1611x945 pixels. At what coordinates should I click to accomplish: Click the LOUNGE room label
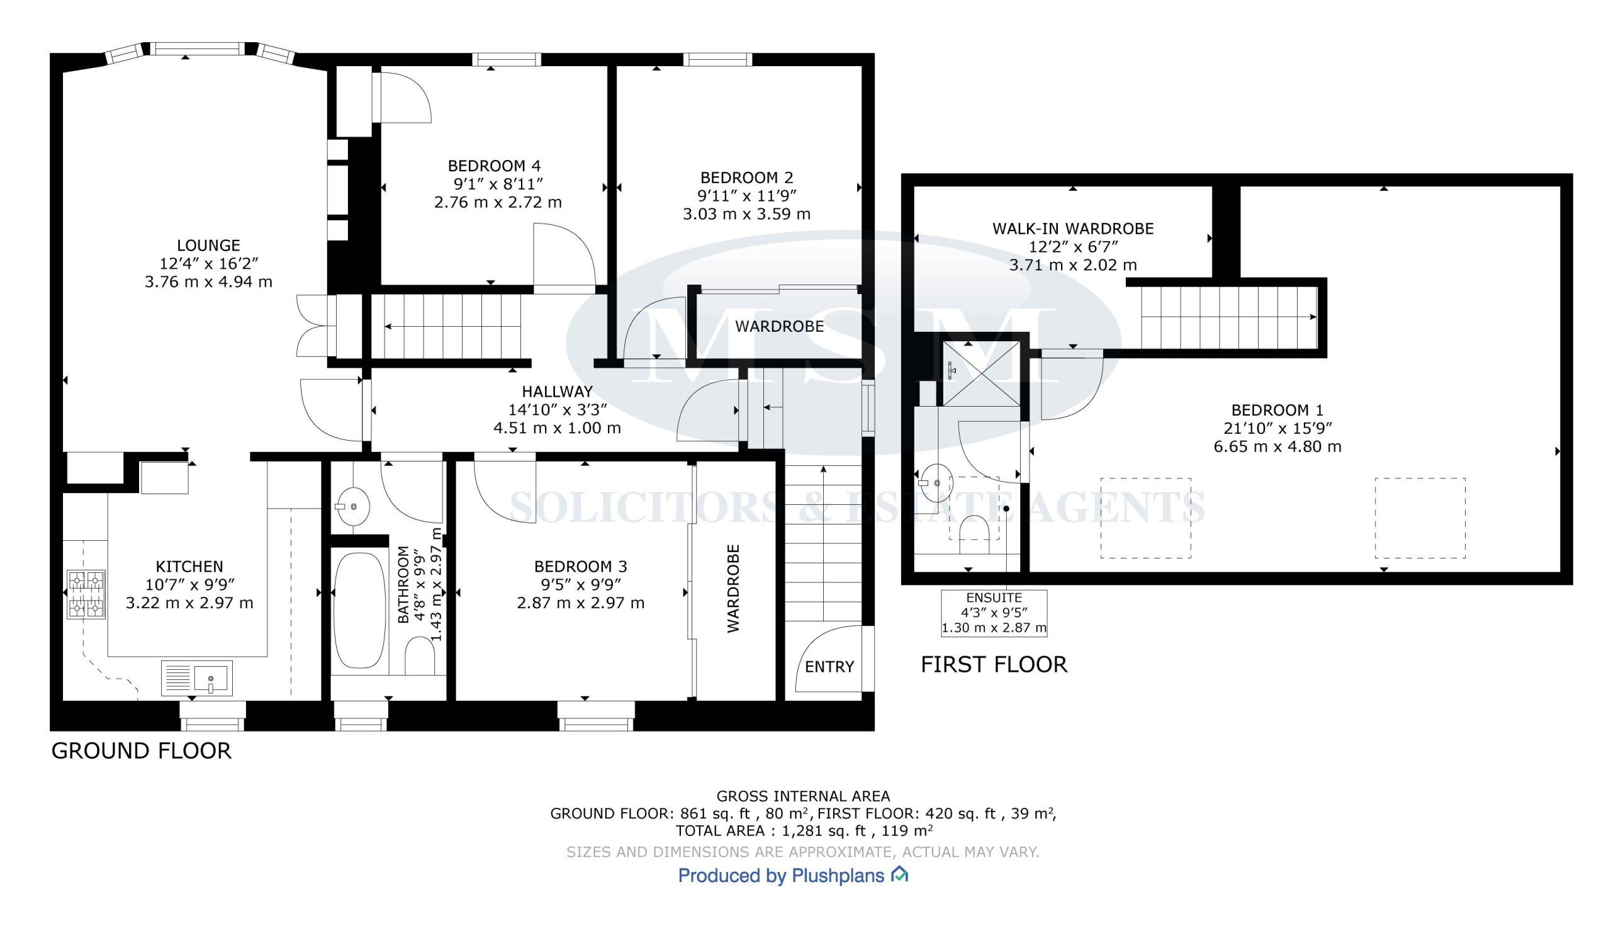coord(208,246)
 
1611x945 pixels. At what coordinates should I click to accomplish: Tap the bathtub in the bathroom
coord(360,611)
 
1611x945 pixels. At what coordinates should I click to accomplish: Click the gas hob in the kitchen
coord(86,594)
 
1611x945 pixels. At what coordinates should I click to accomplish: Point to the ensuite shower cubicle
coord(982,373)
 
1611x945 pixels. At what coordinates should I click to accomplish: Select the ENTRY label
coord(829,667)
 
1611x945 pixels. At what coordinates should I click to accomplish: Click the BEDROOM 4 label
coord(495,166)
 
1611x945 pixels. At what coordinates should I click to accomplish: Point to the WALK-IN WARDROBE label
coord(1073,229)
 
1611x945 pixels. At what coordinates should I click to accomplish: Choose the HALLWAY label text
coord(558,392)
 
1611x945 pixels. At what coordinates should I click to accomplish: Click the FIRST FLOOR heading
coord(994,664)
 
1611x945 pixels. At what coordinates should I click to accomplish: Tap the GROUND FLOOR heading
coord(142,750)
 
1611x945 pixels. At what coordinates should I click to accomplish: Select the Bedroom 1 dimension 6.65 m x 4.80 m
coord(1277,446)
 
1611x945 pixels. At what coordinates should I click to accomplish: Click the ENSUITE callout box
coord(994,613)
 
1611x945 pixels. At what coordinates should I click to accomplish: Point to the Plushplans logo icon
coord(900,874)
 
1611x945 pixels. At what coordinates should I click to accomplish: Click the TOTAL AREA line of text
coord(804,830)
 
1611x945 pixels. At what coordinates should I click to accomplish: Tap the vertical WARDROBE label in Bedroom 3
coord(733,589)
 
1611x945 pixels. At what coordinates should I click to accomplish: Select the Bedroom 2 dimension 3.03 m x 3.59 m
coord(747,214)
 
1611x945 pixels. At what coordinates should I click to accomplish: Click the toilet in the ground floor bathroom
coord(419,657)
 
